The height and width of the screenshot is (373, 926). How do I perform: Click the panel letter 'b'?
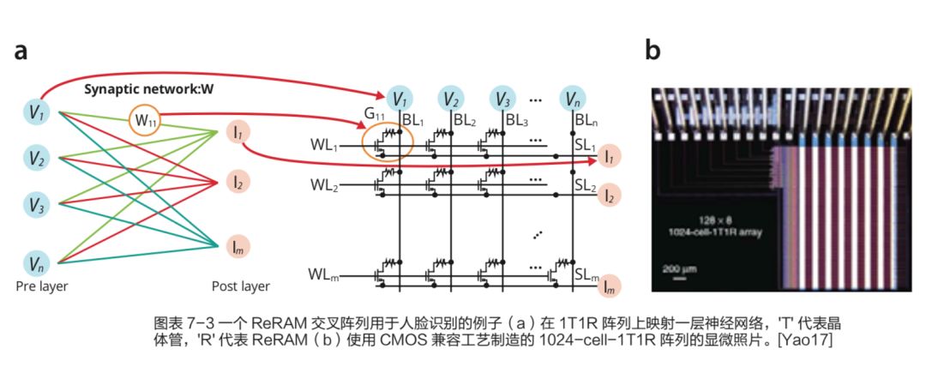pyautogui.click(x=652, y=51)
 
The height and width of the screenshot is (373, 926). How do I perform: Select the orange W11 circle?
pyautogui.click(x=142, y=119)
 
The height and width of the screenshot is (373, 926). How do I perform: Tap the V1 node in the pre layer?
pyautogui.click(x=37, y=111)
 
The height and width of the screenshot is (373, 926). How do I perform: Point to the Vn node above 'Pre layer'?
pyautogui.click(x=37, y=262)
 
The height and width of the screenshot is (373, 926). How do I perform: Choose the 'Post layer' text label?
pyautogui.click(x=240, y=286)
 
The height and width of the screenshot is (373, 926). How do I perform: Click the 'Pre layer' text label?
pyautogui.click(x=41, y=286)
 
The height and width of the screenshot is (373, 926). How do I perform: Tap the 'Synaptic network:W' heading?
pyautogui.click(x=148, y=89)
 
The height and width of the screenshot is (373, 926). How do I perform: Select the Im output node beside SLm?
pyautogui.click(x=609, y=286)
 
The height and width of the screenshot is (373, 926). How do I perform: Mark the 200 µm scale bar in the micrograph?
pyautogui.click(x=676, y=272)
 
